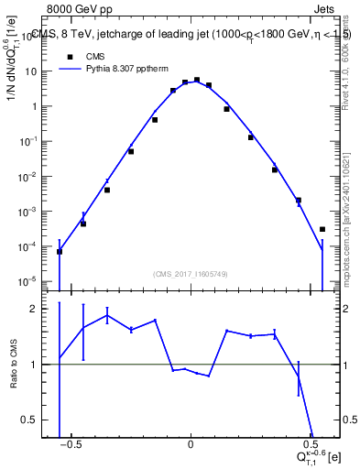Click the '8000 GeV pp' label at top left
pos(60,9)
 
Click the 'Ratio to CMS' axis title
pos(16,362)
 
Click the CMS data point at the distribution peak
pos(197,81)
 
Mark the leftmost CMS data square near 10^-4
pos(60,252)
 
